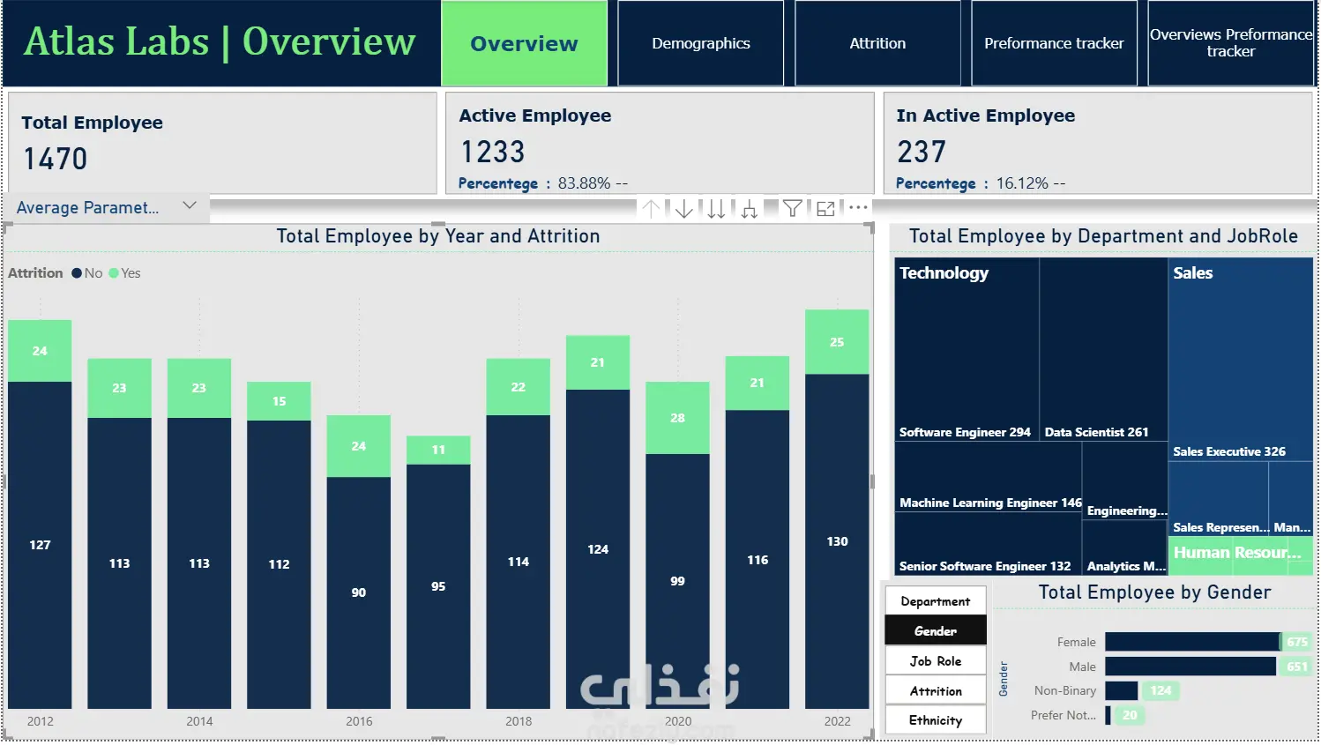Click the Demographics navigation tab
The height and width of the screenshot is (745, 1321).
tap(701, 43)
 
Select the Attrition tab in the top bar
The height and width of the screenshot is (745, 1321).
tap(877, 43)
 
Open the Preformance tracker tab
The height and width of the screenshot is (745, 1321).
tap(1054, 43)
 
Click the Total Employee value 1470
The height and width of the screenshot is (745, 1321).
tap(56, 159)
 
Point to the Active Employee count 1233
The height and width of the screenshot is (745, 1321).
tap(493, 153)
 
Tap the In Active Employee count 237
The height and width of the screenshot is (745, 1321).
tap(922, 153)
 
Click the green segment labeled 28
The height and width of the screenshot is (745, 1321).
tap(677, 418)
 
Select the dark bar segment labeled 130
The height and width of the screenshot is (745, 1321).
tap(837, 541)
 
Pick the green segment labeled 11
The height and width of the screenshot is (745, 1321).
tap(438, 450)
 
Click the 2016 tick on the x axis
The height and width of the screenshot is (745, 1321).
tap(359, 721)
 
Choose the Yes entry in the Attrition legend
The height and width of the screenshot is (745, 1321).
tap(125, 273)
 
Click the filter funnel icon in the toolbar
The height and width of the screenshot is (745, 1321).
tap(792, 209)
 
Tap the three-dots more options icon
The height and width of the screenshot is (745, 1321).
tap(858, 208)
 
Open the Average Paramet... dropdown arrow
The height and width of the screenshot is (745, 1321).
tap(190, 205)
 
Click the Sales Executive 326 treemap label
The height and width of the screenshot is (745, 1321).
tap(1229, 451)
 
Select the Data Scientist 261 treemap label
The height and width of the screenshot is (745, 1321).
tap(1096, 432)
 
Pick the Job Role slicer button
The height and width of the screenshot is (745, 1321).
tap(936, 661)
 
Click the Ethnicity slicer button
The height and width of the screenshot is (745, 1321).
tap(936, 720)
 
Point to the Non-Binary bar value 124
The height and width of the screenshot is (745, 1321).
tap(1161, 691)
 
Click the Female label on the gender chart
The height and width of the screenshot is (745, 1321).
tap(1076, 642)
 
